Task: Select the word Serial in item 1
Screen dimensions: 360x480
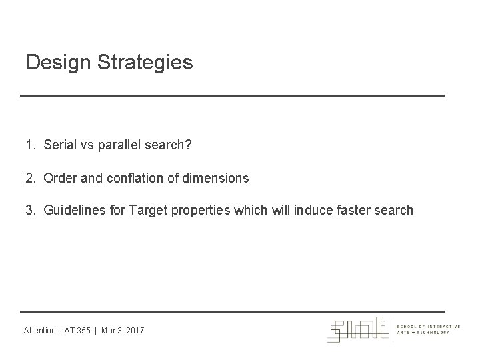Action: click(x=59, y=145)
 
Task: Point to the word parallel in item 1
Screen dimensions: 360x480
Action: click(x=121, y=145)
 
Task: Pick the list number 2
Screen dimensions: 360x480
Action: click(x=30, y=178)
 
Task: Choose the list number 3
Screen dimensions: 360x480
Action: click(x=30, y=211)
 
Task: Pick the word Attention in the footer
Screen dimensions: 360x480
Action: click(x=40, y=331)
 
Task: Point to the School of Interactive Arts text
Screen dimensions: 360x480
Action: click(x=427, y=327)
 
